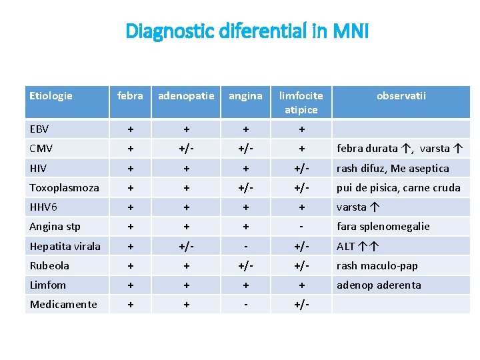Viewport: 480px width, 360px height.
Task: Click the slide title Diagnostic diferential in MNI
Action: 247,31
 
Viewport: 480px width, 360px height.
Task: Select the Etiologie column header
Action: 51,96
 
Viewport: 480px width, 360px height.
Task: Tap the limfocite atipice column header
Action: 301,103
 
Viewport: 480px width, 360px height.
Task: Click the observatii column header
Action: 401,96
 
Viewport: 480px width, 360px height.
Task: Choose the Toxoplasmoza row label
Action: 64,187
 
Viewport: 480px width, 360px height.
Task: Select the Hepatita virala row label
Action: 65,246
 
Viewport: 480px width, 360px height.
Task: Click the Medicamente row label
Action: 63,304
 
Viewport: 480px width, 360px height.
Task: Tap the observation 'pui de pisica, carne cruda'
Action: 398,187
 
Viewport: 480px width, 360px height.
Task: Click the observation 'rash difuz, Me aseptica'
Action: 392,168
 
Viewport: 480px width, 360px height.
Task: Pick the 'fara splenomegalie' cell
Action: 383,226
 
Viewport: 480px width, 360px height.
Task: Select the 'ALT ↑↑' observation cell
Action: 358,246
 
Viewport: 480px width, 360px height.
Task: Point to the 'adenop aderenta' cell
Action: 379,285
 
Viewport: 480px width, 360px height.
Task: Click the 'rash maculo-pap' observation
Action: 377,265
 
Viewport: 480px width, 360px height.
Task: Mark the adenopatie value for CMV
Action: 186,149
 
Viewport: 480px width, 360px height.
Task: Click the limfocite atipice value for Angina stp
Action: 301,226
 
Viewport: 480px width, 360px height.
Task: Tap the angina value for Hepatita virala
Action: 245,246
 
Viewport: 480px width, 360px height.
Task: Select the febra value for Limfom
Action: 130,285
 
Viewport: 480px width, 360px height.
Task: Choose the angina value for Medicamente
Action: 245,304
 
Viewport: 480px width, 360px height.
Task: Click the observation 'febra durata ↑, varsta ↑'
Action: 400,149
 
